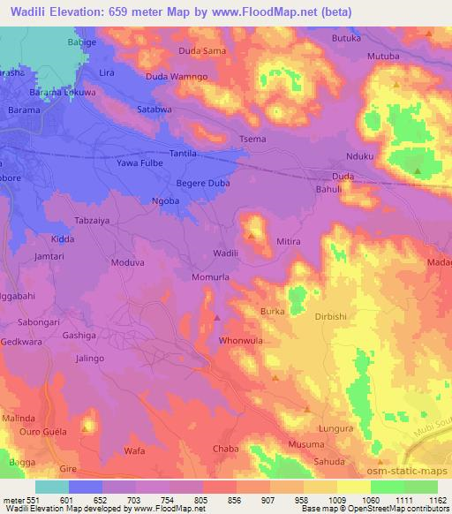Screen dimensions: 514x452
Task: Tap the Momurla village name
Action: (x=211, y=276)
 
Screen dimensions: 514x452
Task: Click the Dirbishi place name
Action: (x=333, y=314)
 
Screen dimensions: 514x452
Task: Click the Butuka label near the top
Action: (x=347, y=39)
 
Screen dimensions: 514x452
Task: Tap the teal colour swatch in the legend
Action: (x=51, y=487)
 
